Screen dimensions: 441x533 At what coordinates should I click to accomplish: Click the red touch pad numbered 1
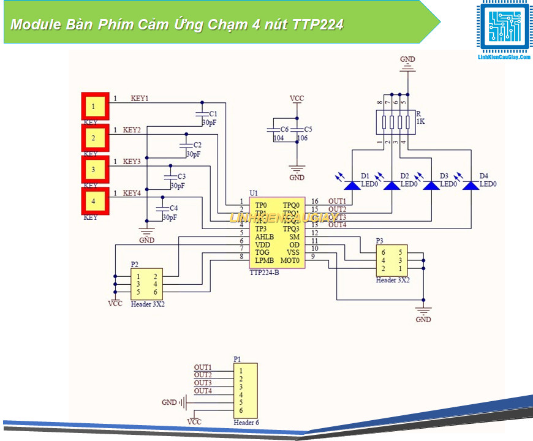pyautogui.click(x=95, y=107)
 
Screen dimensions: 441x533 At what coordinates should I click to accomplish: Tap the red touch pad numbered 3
pyautogui.click(x=95, y=169)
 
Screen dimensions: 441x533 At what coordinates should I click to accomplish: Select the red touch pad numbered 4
pyautogui.click(x=95, y=201)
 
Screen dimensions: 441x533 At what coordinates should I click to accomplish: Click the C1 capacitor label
pyautogui.click(x=213, y=114)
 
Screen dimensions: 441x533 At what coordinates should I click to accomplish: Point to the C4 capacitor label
pyautogui.click(x=174, y=208)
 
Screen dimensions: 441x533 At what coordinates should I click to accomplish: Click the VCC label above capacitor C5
pyautogui.click(x=297, y=98)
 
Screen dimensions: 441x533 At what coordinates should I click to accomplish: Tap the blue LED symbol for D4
pyautogui.click(x=471, y=184)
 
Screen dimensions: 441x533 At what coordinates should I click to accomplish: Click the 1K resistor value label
pyautogui.click(x=420, y=122)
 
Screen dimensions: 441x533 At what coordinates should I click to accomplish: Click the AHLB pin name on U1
pyautogui.click(x=265, y=236)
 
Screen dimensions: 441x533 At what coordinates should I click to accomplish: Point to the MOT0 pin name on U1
pyautogui.click(x=290, y=260)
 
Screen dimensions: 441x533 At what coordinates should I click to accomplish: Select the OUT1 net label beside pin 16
pyautogui.click(x=337, y=201)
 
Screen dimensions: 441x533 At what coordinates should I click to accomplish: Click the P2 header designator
pyautogui.click(x=135, y=264)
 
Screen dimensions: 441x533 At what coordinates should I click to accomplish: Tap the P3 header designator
pyautogui.click(x=380, y=241)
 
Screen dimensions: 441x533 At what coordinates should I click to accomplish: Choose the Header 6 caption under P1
pyautogui.click(x=246, y=423)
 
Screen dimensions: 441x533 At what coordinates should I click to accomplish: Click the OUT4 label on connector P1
pyautogui.click(x=203, y=391)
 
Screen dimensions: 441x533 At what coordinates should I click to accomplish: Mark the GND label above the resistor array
pyautogui.click(x=407, y=59)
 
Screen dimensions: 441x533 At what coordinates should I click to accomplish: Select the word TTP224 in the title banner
pyautogui.click(x=318, y=25)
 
